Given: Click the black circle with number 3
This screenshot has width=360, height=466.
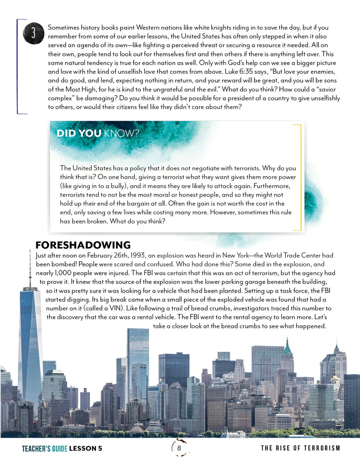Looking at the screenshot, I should click(34, 33).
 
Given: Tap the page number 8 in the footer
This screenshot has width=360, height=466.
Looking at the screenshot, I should click(179, 448).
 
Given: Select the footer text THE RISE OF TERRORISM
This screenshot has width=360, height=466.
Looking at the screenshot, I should click(300, 449).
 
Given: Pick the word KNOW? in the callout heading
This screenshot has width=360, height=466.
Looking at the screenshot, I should click(122, 133).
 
